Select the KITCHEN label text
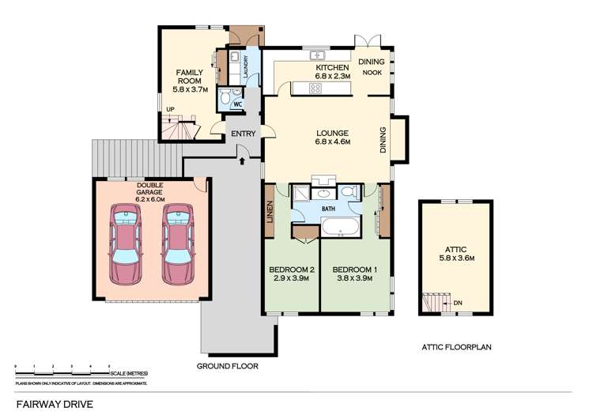[x=331, y=68]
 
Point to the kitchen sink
[x=318, y=55]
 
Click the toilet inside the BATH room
[x=349, y=193]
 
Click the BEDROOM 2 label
[x=290, y=269]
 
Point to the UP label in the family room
[x=170, y=110]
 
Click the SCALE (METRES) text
[x=127, y=373]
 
